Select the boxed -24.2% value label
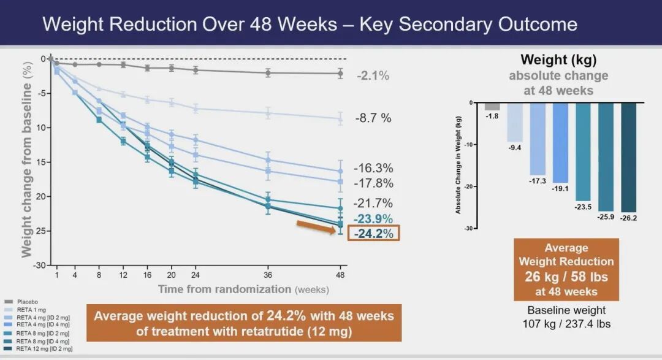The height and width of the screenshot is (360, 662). [373, 233]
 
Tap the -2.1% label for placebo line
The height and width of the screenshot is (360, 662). [373, 76]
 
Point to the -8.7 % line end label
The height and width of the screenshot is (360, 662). [373, 118]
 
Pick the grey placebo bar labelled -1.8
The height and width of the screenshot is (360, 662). [492, 106]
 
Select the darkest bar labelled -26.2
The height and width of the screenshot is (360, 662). [629, 157]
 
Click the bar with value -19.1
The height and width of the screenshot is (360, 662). [560, 142]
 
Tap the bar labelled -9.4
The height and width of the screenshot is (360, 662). [515, 122]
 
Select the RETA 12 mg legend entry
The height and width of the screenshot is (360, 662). [37, 348]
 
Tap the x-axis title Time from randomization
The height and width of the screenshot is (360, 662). [224, 289]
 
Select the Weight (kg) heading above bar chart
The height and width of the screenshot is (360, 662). [558, 60]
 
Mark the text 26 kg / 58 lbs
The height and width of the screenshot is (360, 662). [566, 276]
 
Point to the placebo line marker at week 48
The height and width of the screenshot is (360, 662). [341, 74]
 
